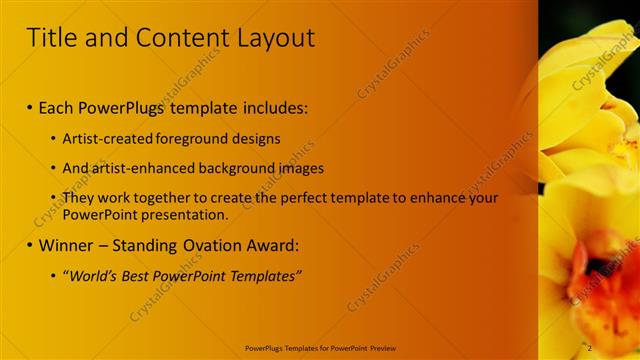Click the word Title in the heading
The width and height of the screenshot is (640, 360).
(52, 38)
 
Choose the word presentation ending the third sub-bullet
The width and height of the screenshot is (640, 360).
(190, 214)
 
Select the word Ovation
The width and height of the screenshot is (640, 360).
(211, 245)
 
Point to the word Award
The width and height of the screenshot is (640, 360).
(273, 245)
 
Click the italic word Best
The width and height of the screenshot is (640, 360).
(139, 276)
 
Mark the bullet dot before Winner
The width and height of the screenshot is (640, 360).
(30, 246)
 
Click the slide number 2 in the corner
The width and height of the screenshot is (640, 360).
(589, 347)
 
